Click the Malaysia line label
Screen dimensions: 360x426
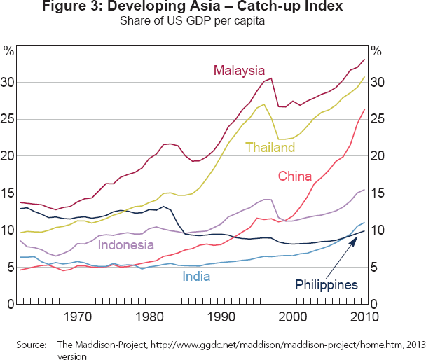click(240, 70)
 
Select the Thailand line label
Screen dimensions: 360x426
click(270, 147)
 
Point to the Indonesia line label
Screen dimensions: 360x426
click(125, 244)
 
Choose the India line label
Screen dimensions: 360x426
click(197, 277)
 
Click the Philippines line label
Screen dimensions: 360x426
click(327, 285)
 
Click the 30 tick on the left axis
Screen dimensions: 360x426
click(8, 83)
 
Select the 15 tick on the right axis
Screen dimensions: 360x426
click(377, 193)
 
